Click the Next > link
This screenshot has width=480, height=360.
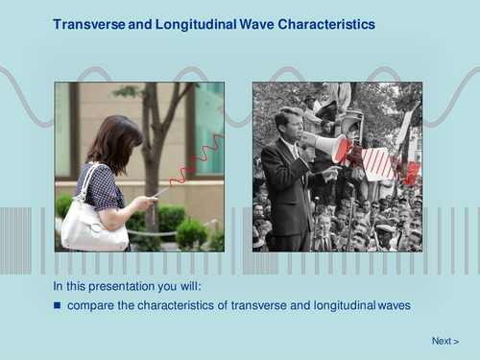point(444,341)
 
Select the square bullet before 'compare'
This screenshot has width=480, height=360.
point(57,305)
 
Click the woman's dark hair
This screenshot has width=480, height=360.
point(113,140)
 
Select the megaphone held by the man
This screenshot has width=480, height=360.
point(326,145)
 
